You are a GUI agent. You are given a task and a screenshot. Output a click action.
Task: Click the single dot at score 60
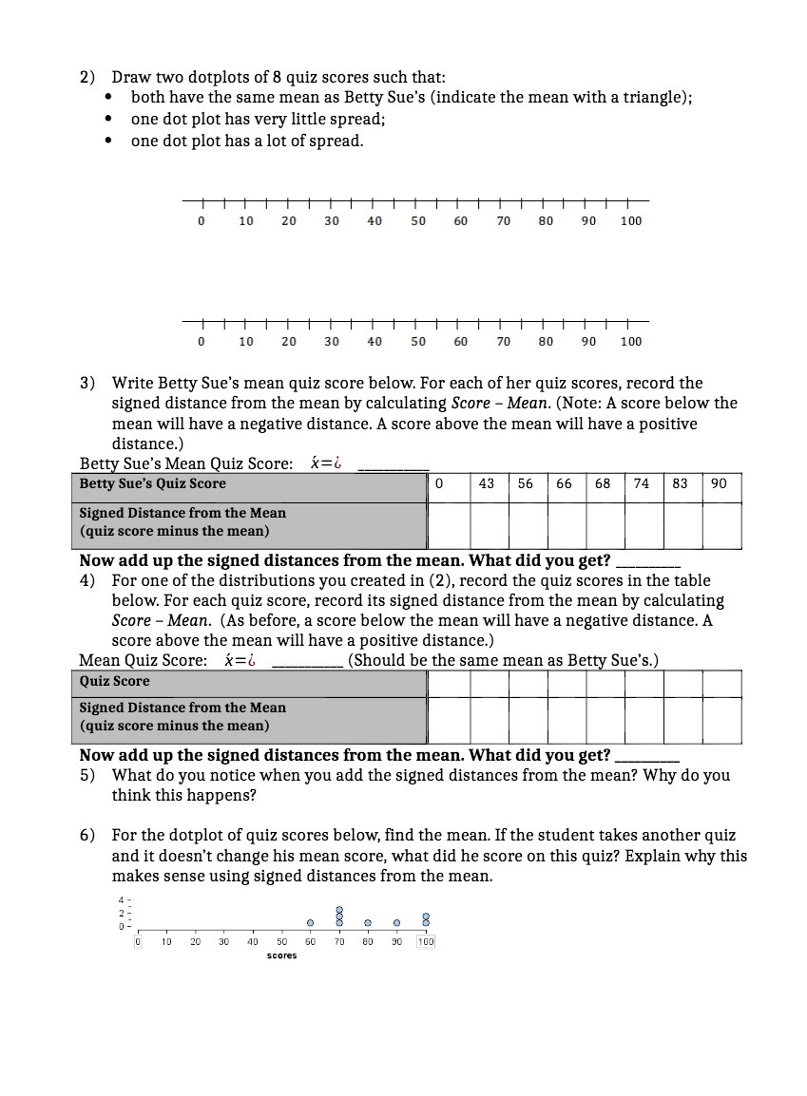(310, 922)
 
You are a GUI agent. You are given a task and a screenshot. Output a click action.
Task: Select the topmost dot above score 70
(339, 910)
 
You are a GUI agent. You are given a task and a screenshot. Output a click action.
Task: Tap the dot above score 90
(397, 922)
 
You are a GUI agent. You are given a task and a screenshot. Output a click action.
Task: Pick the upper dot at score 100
(426, 916)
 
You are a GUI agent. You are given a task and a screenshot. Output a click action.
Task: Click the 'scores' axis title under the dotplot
(281, 955)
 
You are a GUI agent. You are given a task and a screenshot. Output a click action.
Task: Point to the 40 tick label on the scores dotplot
(253, 941)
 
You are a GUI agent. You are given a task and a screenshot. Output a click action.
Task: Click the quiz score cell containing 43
(486, 483)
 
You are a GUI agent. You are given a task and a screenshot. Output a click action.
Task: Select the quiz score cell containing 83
(680, 483)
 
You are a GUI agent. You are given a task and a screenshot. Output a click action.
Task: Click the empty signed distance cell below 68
(603, 524)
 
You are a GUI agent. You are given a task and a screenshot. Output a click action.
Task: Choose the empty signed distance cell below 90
(720, 524)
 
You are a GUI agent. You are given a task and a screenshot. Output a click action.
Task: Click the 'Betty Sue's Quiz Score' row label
(152, 483)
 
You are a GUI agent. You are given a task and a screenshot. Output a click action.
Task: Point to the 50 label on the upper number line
(418, 221)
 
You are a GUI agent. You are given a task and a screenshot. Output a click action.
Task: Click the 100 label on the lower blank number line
(630, 342)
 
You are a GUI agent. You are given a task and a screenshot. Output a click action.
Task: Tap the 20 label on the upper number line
(289, 221)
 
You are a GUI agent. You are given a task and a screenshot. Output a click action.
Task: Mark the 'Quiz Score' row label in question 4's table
(114, 681)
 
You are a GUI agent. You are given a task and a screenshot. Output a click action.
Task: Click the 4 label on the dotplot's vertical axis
(121, 899)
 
